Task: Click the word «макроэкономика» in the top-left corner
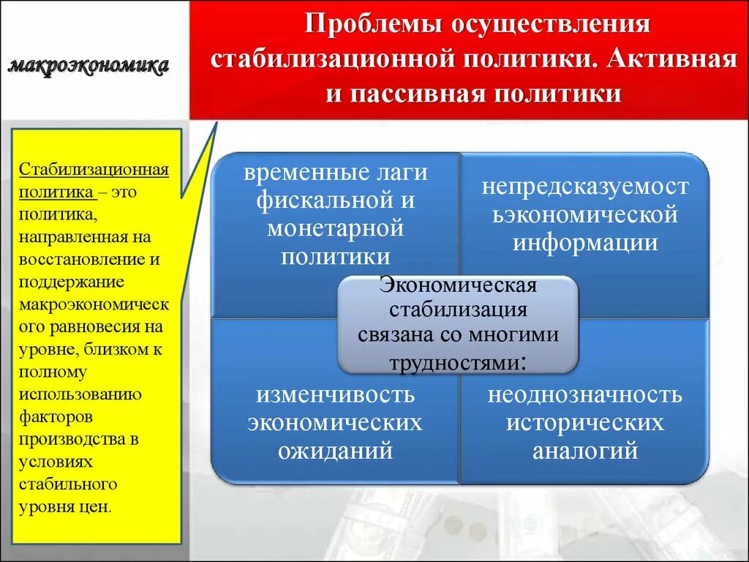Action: click(89, 66)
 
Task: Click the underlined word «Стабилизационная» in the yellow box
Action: click(94, 171)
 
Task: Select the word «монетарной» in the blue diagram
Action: click(336, 228)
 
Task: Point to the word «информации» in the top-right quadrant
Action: click(585, 242)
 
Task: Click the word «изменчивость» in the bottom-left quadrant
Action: click(336, 395)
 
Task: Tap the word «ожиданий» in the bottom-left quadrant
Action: click(336, 450)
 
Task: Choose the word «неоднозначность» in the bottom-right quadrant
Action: click(585, 395)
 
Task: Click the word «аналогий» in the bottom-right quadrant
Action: click(585, 450)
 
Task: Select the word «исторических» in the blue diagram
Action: click(585, 423)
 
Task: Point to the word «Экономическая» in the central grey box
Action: click(459, 284)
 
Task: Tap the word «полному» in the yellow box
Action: click(53, 372)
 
